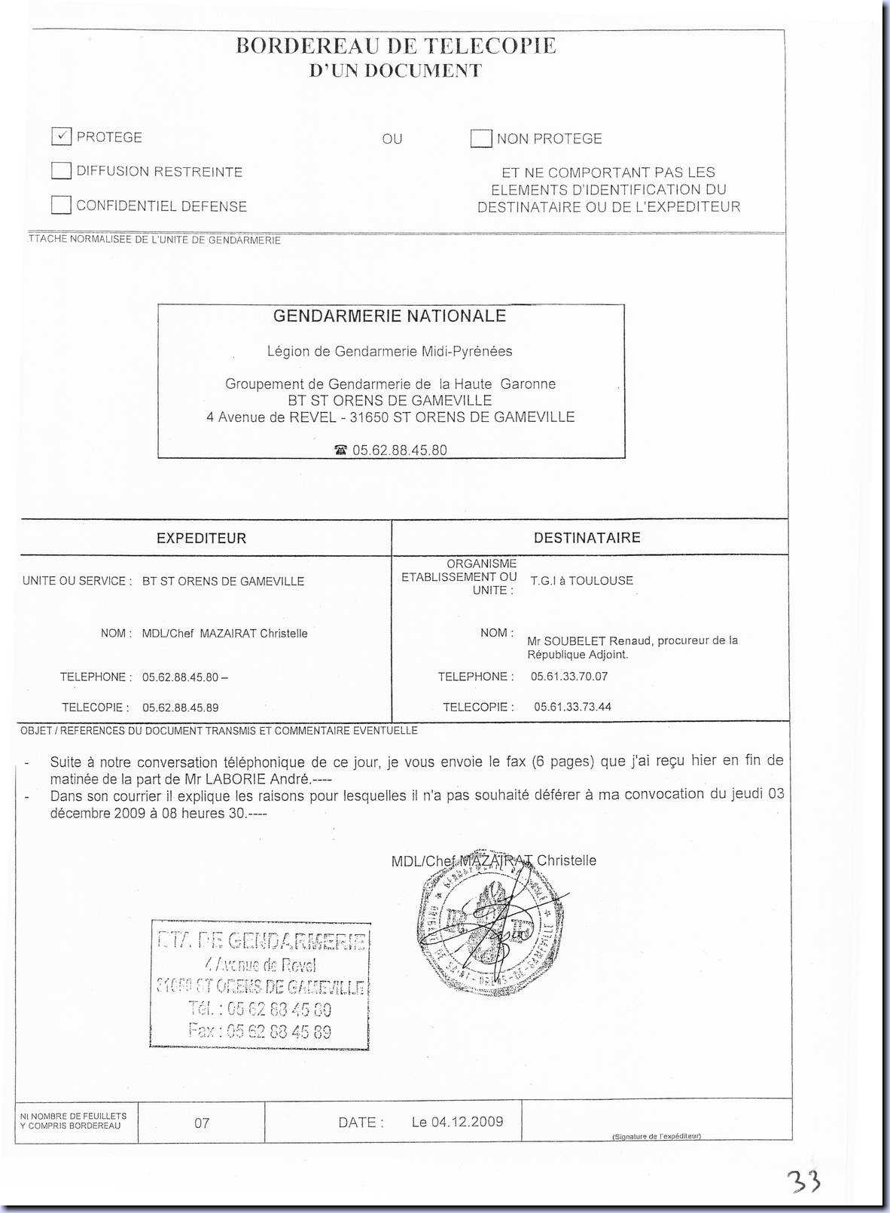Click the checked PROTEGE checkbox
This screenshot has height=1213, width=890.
[62, 136]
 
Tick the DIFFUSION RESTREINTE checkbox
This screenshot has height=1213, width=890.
[62, 170]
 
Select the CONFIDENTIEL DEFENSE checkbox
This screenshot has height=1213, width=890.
[62, 205]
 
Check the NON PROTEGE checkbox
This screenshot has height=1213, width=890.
[481, 139]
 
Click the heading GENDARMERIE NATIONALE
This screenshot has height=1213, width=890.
[389, 316]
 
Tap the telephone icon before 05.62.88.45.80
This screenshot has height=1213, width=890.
[341, 450]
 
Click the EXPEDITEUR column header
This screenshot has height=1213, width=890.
[201, 538]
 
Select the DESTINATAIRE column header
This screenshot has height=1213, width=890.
[587, 538]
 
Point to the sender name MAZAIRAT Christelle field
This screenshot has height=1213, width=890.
[224, 634]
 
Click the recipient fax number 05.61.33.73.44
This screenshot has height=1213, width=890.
[572, 707]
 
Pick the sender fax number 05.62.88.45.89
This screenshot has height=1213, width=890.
[180, 707]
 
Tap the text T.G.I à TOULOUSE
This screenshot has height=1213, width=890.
[581, 581]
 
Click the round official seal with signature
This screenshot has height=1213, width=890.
[490, 927]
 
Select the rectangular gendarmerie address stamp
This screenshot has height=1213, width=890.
[261, 985]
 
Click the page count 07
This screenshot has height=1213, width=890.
[202, 1123]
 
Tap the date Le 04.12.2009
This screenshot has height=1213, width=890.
[457, 1122]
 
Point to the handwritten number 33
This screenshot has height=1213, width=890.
[803, 1181]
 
